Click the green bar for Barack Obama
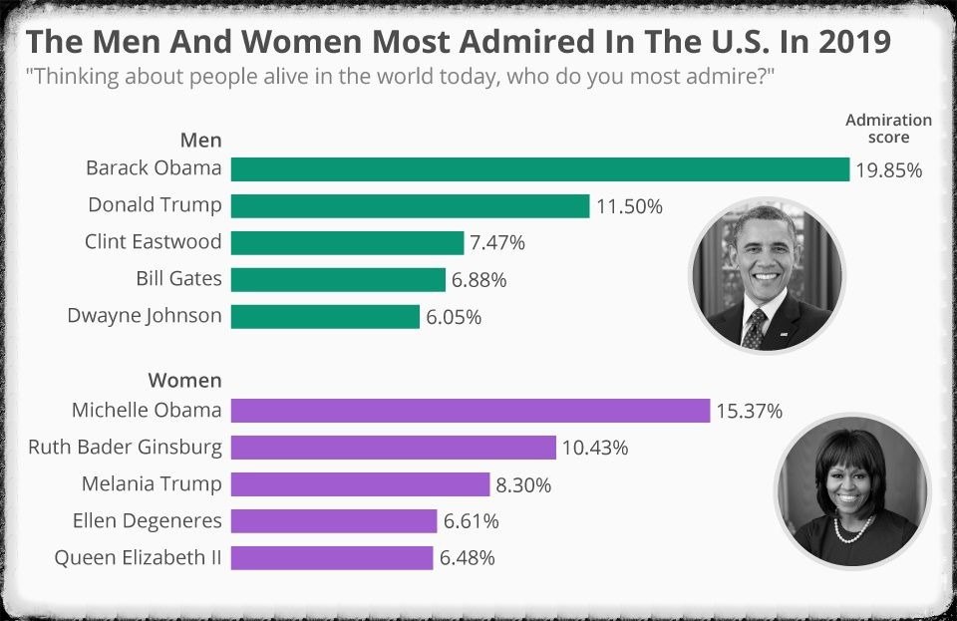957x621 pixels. point(539,169)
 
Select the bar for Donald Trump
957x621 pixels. point(410,206)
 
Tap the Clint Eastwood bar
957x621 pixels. point(347,242)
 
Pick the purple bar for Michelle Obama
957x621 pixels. point(470,411)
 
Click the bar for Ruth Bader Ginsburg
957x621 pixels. point(393,448)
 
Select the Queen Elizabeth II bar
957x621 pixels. point(332,557)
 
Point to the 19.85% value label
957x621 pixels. point(889,170)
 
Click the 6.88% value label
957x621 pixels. point(478,280)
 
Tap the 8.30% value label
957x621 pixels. point(523,485)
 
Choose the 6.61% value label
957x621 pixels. point(471,521)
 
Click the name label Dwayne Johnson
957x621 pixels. point(145,316)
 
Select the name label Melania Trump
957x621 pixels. point(152,484)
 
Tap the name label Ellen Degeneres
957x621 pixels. point(147,520)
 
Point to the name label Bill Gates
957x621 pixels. point(178,279)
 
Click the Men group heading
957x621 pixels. point(200,141)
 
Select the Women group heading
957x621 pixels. point(184,381)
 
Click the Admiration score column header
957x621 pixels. point(888,129)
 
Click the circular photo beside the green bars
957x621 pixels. point(767,273)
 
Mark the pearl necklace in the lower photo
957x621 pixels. point(852,528)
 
